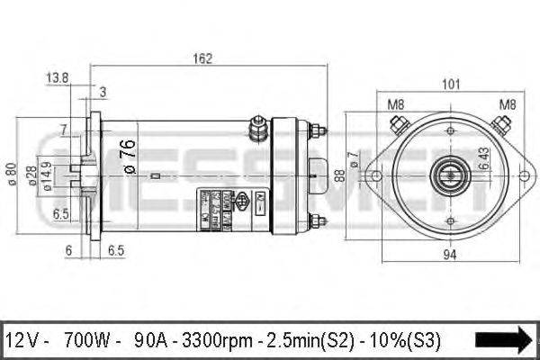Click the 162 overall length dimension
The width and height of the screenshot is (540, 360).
point(204,58)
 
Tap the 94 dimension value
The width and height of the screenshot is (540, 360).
point(451,255)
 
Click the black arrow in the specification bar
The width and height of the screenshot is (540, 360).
point(503,339)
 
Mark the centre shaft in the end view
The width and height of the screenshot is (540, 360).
point(447,171)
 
